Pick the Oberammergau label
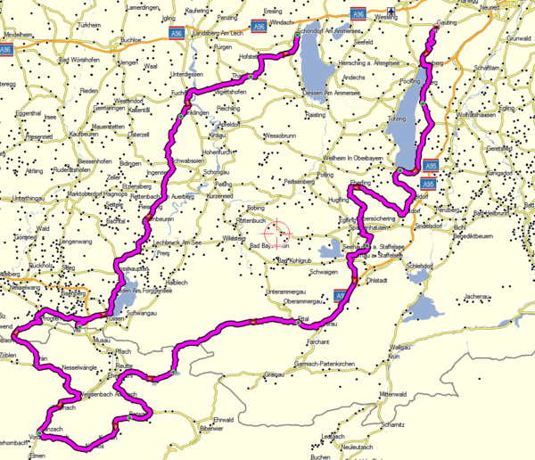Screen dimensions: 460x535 click(x=306, y=301)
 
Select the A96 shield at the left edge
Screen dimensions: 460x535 click(x=7, y=50)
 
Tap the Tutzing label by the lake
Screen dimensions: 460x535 click(x=396, y=118)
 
